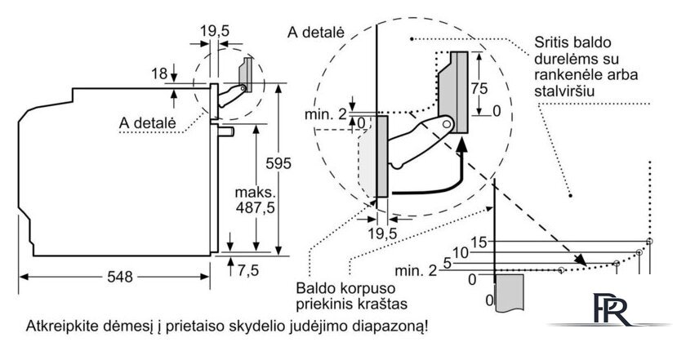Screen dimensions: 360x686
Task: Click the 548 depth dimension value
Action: tap(119, 276)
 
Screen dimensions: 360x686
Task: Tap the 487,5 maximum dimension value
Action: tap(255, 207)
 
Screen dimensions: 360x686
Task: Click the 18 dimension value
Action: tap(159, 73)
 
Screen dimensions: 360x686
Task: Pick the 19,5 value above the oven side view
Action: tap(214, 32)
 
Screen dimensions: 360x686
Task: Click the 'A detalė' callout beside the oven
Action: tap(148, 122)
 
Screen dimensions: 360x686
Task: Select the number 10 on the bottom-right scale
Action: tap(461, 253)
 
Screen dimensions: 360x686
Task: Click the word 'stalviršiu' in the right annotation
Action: tap(564, 91)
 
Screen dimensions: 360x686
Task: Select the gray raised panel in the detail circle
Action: tap(453, 91)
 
